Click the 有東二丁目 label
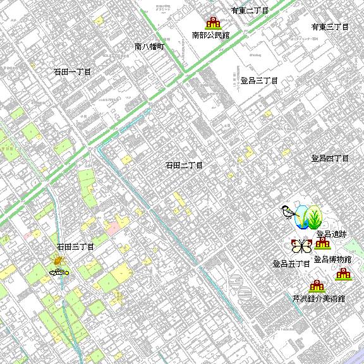(x=250, y=11)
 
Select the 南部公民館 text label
(x=210, y=35)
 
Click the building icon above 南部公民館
(x=213, y=23)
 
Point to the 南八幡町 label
(x=149, y=47)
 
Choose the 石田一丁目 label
(x=72, y=72)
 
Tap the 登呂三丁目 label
(x=259, y=81)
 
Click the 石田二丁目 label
(x=184, y=166)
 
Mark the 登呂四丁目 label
(x=330, y=159)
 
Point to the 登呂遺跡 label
(x=331, y=234)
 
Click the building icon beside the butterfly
(x=323, y=244)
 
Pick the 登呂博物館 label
(x=332, y=259)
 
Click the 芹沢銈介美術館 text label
(x=319, y=298)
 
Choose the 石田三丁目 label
(x=75, y=246)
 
